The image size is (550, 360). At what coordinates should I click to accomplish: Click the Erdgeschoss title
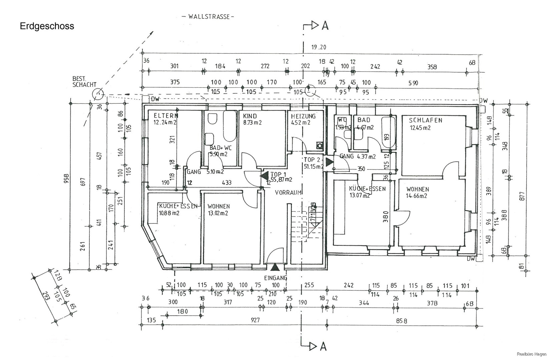click(x=47, y=26)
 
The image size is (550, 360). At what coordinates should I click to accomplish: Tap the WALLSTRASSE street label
click(x=209, y=17)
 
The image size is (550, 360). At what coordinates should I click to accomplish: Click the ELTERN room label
click(x=166, y=116)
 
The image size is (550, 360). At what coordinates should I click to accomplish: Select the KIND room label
click(x=250, y=116)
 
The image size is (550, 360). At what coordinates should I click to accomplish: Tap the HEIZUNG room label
click(x=303, y=116)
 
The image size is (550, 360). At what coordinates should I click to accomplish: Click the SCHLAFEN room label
click(x=425, y=121)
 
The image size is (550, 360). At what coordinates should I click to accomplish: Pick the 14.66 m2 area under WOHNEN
click(x=417, y=196)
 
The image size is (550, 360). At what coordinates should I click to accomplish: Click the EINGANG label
click(x=276, y=278)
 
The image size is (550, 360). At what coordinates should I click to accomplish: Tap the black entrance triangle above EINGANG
click(x=275, y=267)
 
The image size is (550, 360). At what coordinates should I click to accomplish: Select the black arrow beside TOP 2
click(x=329, y=162)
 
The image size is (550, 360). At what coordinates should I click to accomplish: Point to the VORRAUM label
click(x=288, y=192)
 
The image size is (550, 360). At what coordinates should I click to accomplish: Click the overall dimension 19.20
click(x=319, y=47)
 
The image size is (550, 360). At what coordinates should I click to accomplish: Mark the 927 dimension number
click(x=255, y=320)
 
